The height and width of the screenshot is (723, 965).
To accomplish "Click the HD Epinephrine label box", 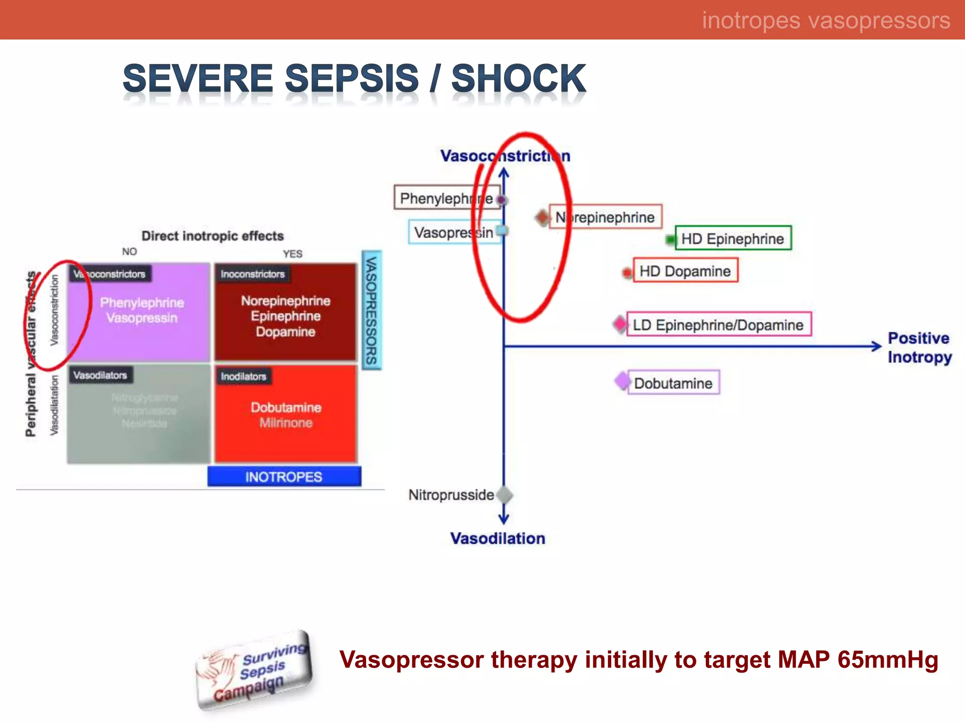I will click(733, 238).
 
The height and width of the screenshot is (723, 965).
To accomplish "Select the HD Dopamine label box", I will click(685, 271).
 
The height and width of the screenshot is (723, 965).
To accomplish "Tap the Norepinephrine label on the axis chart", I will click(605, 217).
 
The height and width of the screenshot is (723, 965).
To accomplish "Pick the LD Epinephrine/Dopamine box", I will click(718, 325).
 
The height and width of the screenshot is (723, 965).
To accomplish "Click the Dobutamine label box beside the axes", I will click(673, 383).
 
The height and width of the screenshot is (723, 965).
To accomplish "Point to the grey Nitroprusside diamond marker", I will click(505, 495).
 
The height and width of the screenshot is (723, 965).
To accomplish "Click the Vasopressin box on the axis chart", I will click(454, 232).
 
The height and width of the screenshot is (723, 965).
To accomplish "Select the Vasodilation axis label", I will click(498, 538).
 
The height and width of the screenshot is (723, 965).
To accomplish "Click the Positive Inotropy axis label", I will click(919, 347).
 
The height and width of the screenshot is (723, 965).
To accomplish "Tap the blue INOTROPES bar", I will click(284, 477).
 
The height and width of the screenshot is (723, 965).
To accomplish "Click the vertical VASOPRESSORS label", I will click(371, 310).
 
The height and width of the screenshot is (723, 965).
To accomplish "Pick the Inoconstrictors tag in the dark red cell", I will click(253, 274).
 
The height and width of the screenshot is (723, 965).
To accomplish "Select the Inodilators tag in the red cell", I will click(244, 376).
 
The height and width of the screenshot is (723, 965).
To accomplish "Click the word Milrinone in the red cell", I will click(286, 423).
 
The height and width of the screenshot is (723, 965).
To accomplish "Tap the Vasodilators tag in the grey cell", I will click(100, 375).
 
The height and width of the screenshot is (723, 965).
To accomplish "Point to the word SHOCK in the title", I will click(518, 78).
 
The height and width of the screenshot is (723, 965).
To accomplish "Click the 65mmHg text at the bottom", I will click(888, 659).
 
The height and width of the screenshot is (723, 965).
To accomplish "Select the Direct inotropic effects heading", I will click(213, 236).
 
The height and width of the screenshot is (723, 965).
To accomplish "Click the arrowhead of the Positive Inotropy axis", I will click(876, 346).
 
